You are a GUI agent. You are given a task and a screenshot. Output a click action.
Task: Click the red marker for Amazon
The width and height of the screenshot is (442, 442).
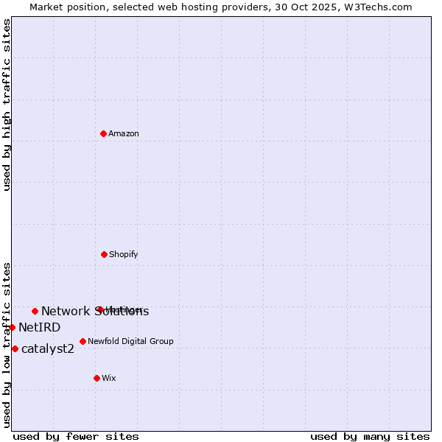click(x=104, y=133)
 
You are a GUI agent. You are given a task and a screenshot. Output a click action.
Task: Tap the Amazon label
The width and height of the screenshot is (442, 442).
click(x=124, y=134)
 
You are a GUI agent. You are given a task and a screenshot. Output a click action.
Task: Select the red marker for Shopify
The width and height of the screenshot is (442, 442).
click(x=104, y=254)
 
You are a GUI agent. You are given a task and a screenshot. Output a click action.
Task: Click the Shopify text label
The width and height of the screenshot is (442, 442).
click(x=124, y=255)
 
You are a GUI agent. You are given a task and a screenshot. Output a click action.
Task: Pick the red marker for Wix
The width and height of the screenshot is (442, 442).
click(x=97, y=378)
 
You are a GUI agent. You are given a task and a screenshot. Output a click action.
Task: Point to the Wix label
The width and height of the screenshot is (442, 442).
click(x=109, y=379)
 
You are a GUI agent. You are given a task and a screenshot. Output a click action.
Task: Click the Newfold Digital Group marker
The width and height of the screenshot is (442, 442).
click(x=83, y=341)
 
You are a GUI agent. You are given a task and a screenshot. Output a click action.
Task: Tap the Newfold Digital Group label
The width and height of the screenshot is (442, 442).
click(x=131, y=342)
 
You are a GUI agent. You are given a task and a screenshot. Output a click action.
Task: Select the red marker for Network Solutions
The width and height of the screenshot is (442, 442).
click(x=35, y=311)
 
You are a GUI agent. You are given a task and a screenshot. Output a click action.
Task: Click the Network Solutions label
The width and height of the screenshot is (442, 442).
click(x=95, y=312)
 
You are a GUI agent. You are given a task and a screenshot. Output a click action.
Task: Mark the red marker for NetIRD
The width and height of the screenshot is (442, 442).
click(x=12, y=327)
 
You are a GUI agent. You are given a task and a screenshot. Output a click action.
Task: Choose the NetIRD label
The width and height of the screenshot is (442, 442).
click(x=40, y=328)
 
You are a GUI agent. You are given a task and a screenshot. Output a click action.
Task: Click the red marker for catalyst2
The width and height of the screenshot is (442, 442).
click(x=15, y=348)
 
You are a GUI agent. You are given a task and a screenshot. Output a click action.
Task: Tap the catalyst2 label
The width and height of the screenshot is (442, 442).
click(x=48, y=349)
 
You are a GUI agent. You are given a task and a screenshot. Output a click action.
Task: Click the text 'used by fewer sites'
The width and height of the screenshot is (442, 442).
click(x=76, y=437)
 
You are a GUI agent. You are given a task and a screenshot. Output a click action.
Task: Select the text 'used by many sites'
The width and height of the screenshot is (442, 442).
click(x=370, y=437)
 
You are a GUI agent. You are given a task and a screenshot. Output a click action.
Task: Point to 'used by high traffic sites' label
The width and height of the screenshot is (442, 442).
click(x=7, y=105)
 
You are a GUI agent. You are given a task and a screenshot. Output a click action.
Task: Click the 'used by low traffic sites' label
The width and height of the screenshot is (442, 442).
click(x=7, y=345)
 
